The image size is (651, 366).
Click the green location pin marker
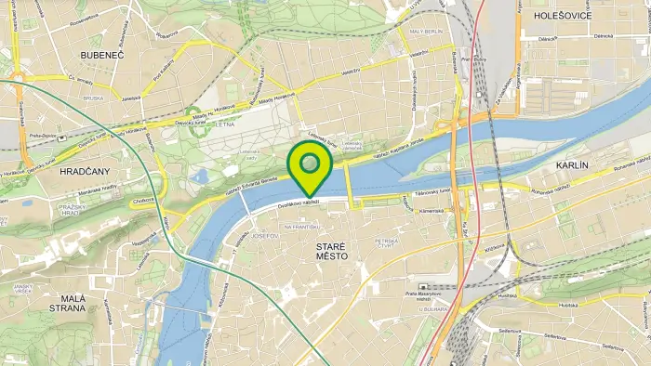pyautogui.click(x=310, y=165)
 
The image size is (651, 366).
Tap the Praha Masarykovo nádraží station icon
pyautogui.click(x=424, y=286)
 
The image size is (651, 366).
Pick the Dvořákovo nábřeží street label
pyautogui.click(x=299, y=203)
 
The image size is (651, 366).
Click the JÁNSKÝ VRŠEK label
pyautogui.click(x=24, y=289)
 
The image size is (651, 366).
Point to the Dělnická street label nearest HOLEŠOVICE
pyautogui.click(x=604, y=35)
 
